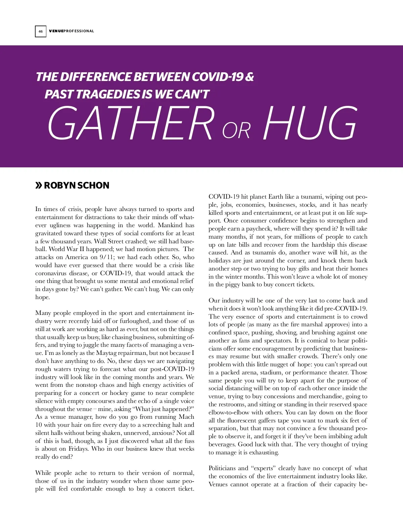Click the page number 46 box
pos(41,31)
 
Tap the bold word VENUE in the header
pos(56,31)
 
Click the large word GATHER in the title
pos(131,123)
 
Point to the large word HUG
pos(309,123)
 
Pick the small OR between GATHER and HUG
pos(236,130)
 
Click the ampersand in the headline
pos(250,77)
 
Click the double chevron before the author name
pos(39,185)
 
